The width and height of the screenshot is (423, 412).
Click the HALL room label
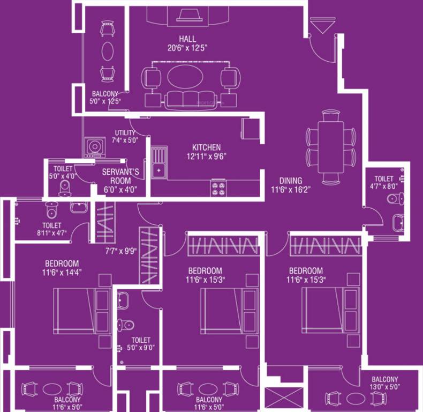187,39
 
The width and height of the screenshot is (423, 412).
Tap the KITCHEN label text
207,148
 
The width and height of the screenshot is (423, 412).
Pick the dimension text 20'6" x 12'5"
187,48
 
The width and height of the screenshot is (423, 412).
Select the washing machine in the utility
95,146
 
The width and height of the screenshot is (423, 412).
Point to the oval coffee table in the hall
184,77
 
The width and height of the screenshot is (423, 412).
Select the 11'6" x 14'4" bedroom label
62,268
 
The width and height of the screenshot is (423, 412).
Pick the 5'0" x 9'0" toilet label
141,344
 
